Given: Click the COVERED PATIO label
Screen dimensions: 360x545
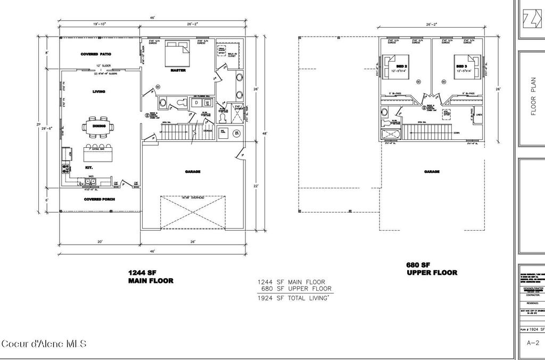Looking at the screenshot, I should point(95,54).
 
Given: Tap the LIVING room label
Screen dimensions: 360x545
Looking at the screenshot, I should point(98,91).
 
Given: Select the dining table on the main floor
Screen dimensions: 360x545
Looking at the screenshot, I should point(98,127).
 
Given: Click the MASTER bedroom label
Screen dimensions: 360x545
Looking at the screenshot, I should point(178,70).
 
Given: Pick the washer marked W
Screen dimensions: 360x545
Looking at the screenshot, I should point(207,102).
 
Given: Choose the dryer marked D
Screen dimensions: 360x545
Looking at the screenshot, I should point(196,102).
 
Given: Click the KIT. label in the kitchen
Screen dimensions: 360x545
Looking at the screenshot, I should point(89,167).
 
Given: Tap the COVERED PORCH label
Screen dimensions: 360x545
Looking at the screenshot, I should point(100,199).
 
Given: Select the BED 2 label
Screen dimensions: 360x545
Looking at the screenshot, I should point(402,66).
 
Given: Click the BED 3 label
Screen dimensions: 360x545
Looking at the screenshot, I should point(461,66).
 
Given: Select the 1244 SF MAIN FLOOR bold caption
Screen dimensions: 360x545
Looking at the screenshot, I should point(151,276).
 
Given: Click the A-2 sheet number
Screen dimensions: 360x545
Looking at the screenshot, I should point(530,344).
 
